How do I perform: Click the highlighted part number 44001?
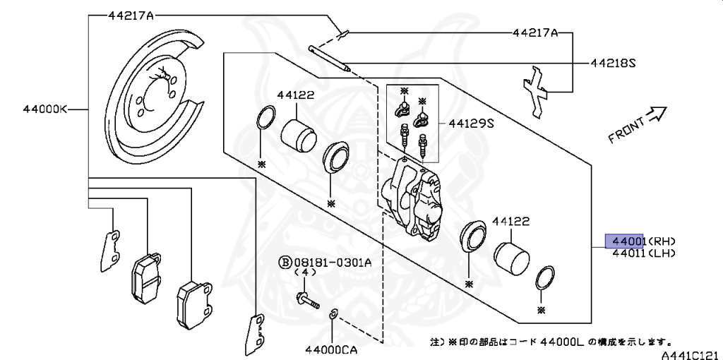coord(626,240)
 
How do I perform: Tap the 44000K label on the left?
coord(44,109)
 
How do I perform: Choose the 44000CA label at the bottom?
coord(332,348)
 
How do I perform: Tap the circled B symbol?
coord(285,263)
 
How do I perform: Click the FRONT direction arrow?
coord(657,114)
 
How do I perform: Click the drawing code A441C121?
coord(690,354)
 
